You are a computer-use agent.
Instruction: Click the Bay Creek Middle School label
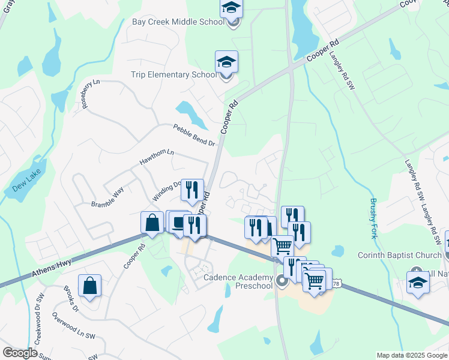[x=178, y=22]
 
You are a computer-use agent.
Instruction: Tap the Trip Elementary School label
[x=174, y=75]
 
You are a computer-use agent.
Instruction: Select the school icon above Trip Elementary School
[x=226, y=62]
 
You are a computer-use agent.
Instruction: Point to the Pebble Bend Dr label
[x=194, y=135]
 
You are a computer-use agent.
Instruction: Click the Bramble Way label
[x=107, y=197]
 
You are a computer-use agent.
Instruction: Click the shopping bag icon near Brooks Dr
[x=89, y=286]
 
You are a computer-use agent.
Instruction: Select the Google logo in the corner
[x=20, y=353]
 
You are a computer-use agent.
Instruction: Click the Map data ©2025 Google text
[x=411, y=355]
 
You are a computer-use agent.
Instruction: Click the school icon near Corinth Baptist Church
[x=418, y=282]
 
